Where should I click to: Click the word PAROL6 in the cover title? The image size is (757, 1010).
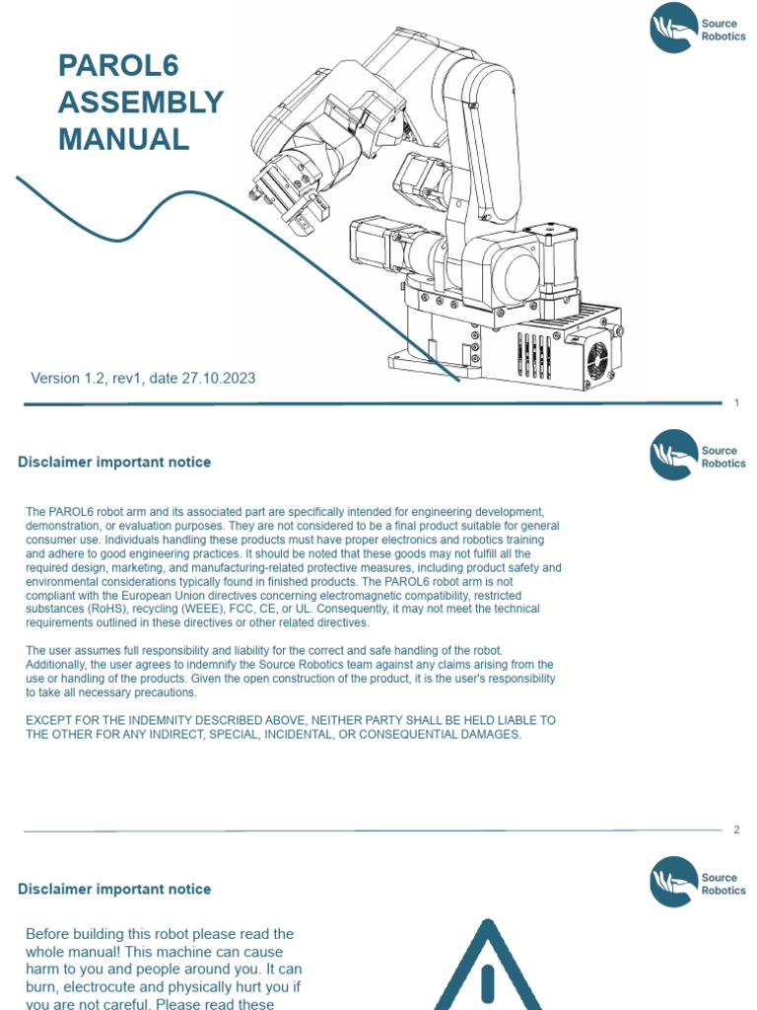(x=118, y=66)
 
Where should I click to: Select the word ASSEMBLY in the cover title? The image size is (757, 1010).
(x=141, y=103)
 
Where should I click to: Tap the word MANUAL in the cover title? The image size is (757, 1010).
(x=123, y=139)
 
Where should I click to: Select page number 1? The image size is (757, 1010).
(x=736, y=403)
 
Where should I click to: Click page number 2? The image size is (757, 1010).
(x=736, y=830)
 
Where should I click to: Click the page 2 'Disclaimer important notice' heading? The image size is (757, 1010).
(x=114, y=463)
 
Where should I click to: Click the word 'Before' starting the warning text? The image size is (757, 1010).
(x=48, y=934)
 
